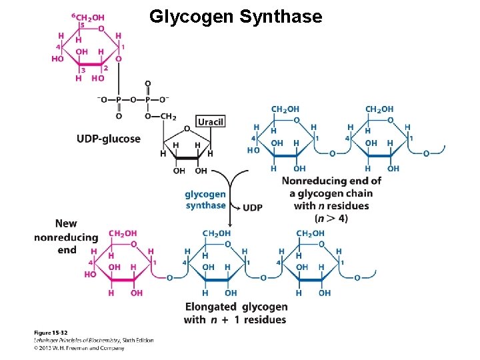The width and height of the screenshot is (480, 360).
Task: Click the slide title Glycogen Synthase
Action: click(235, 17)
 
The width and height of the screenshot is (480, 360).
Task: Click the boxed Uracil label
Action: click(210, 121)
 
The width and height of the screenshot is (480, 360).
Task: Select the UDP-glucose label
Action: click(109, 139)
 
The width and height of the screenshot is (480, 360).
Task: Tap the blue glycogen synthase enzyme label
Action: click(205, 200)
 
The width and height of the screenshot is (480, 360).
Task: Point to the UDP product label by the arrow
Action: click(252, 207)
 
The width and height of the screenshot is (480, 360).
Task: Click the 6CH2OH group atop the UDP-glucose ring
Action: click(87, 16)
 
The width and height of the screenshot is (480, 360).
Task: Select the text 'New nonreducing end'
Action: click(66, 237)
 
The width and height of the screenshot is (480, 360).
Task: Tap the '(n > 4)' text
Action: click(331, 218)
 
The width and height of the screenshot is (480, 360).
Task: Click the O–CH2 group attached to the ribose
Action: click(161, 116)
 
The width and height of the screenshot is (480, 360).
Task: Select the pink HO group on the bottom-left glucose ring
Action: click(90, 274)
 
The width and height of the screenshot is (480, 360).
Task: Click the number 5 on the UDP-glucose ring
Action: click(81, 25)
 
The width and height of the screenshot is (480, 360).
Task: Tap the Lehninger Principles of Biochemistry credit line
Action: click(93, 340)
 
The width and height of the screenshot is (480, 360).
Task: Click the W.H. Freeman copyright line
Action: click(79, 347)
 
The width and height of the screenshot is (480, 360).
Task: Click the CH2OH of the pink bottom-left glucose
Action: click(122, 233)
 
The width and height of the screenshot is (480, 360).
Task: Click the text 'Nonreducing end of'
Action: click(331, 181)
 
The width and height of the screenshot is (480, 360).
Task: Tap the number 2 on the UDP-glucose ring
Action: click(105, 67)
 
